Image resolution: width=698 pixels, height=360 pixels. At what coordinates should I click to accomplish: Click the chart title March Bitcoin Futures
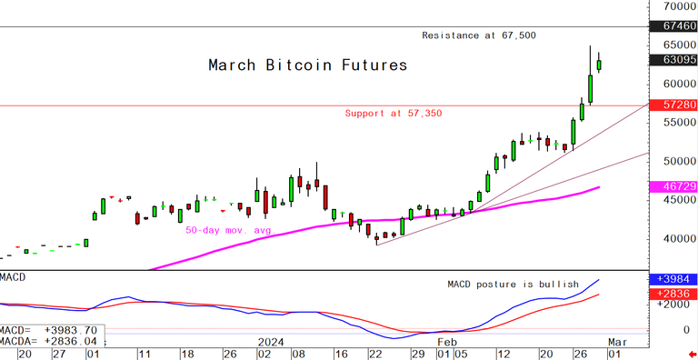307,65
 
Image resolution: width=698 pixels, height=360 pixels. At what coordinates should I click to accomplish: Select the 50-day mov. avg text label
229,231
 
